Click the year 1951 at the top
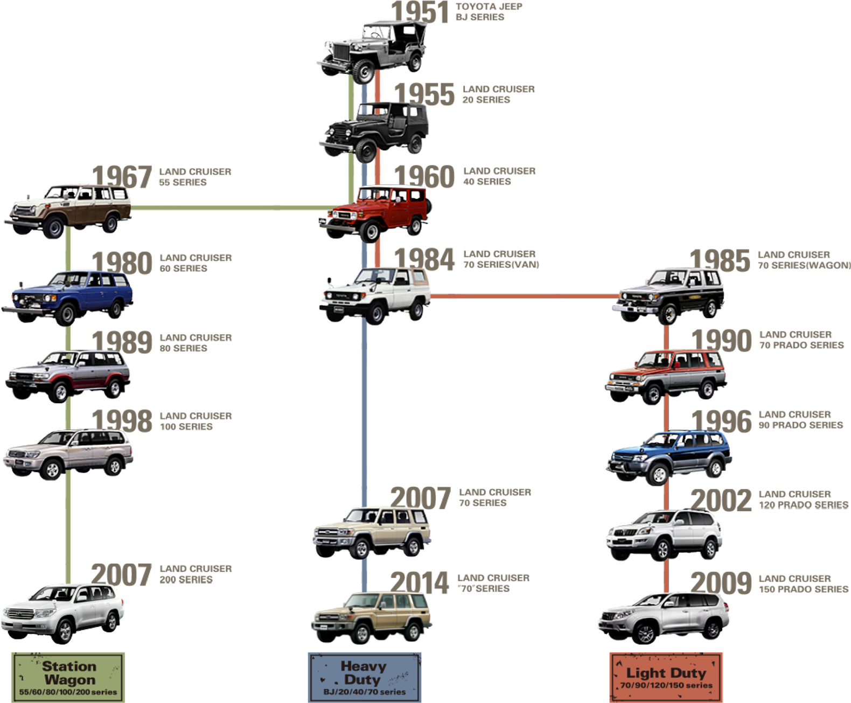pyautogui.click(x=420, y=12)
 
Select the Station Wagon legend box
pyautogui.click(x=68, y=677)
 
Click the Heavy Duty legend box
pyautogui.click(x=364, y=677)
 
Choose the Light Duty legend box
pyautogui.click(x=666, y=677)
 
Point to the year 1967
pyautogui.click(x=122, y=177)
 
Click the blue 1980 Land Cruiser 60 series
pyautogui.click(x=69, y=297)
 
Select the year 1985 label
pyautogui.click(x=720, y=260)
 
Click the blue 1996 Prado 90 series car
pyautogui.click(x=669, y=456)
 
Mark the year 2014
pyautogui.click(x=419, y=583)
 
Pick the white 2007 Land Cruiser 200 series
pyautogui.click(x=64, y=614)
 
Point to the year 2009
pyautogui.click(x=721, y=583)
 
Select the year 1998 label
pyautogui.click(x=122, y=421)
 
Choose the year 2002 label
pyautogui.click(x=721, y=501)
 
